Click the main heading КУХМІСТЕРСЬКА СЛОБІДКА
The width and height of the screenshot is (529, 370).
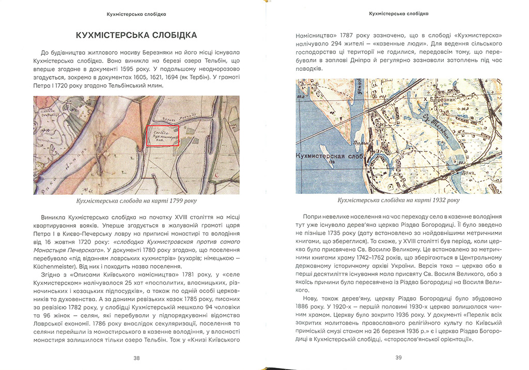pyautogui.click(x=136, y=36)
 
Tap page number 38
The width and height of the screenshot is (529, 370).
pyautogui.click(x=136, y=358)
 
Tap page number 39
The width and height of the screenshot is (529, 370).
pyautogui.click(x=398, y=358)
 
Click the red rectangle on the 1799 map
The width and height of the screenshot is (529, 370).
pyautogui.click(x=163, y=136)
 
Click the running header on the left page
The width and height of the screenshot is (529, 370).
pyautogui.click(x=136, y=14)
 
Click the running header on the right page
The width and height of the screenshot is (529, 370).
pyautogui.click(x=398, y=14)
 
